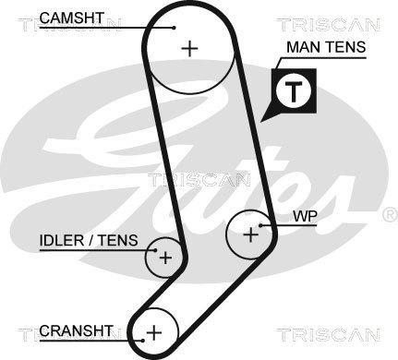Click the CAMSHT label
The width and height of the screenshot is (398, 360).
[x=72, y=18]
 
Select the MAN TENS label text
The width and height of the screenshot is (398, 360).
[x=326, y=47]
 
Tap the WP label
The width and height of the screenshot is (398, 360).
[x=305, y=217]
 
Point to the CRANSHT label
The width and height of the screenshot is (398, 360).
[x=77, y=330]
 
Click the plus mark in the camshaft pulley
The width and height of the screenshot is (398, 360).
[x=189, y=48]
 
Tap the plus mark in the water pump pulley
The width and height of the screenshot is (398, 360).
[x=251, y=235]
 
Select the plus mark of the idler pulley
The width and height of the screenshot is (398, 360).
[x=165, y=258]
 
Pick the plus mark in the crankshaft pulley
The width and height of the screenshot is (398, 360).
[x=154, y=332]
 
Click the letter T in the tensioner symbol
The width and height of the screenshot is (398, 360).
[x=294, y=91]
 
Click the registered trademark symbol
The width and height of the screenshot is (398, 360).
[x=391, y=215]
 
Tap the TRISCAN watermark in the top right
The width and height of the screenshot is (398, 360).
[x=329, y=25]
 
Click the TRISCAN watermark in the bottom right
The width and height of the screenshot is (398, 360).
[x=329, y=334]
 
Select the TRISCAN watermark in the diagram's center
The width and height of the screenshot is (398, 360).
[x=199, y=180]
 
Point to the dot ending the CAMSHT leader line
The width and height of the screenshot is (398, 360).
[x=174, y=28]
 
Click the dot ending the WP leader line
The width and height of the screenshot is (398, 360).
[x=260, y=225]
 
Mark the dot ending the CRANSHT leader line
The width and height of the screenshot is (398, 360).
[x=143, y=341]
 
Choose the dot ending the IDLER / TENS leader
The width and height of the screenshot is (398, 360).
[x=155, y=250]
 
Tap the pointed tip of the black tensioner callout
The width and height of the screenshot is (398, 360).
[x=260, y=123]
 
